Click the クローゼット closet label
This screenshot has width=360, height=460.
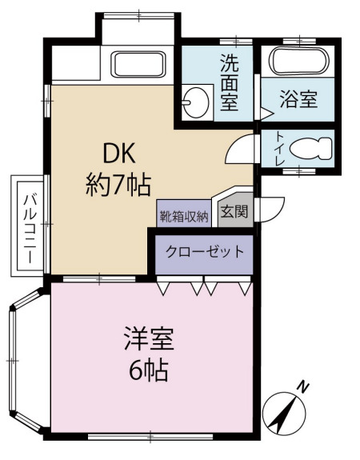[204, 251]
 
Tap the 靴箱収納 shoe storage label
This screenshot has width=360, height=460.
[183, 214]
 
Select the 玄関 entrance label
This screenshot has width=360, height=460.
[234, 212]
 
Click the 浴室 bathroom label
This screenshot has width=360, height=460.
[298, 100]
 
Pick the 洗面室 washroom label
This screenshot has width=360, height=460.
[230, 80]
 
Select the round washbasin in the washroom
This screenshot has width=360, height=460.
[193, 102]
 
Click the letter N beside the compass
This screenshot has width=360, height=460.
[303, 386]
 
